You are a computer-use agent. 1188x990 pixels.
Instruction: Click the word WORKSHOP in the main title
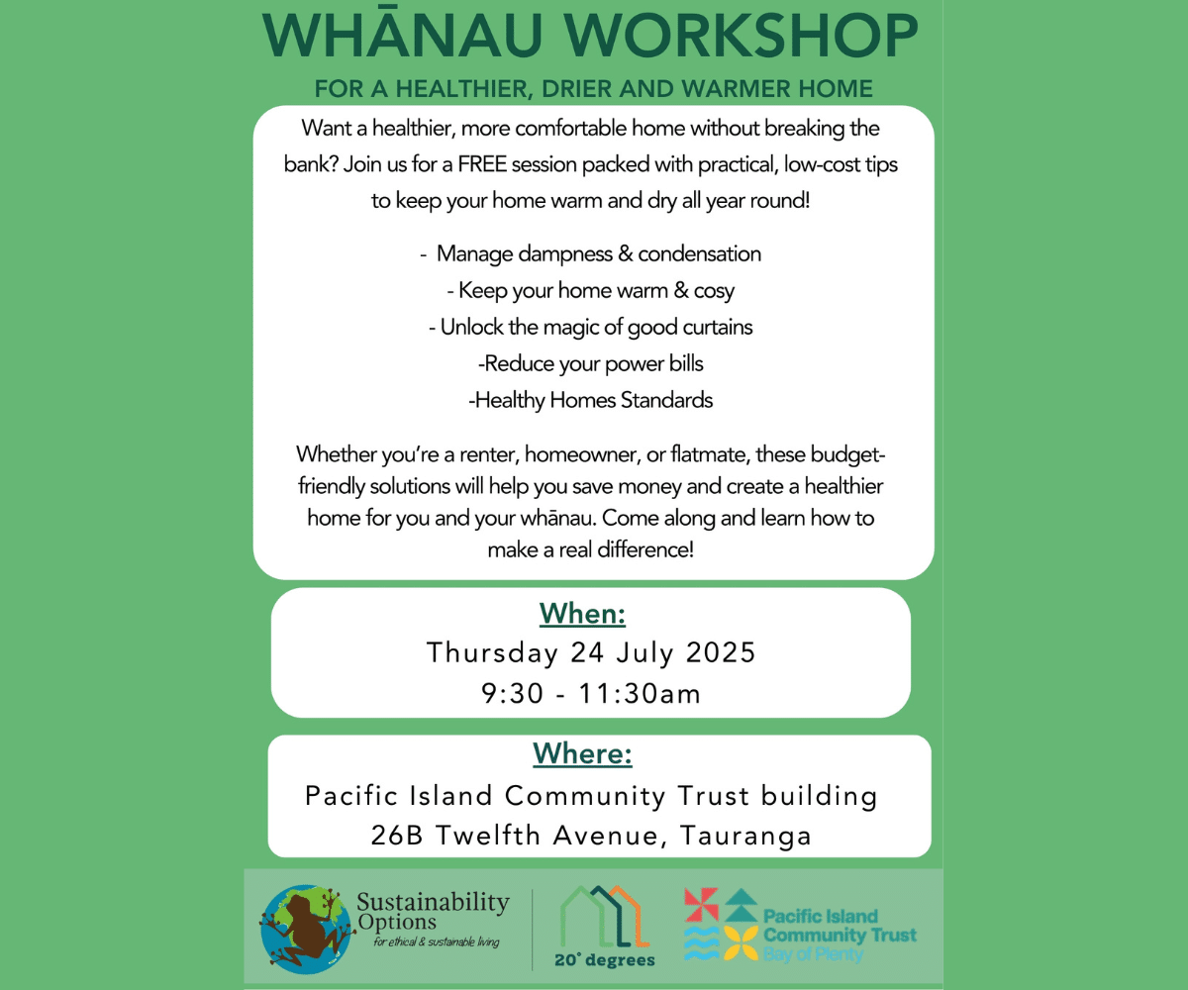click(742, 36)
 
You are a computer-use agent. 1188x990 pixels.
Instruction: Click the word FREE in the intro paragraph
click(482, 164)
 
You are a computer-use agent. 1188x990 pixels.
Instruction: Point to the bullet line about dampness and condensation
click(591, 253)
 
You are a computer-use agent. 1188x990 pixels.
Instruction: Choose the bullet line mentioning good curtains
click(591, 327)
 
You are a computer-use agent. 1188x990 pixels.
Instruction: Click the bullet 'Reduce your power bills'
click(591, 363)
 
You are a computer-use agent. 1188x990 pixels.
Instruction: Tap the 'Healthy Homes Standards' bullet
click(591, 400)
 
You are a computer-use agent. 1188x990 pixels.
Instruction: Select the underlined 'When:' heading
click(583, 614)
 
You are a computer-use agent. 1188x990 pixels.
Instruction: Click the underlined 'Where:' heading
click(583, 753)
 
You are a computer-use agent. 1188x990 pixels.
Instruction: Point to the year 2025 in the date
click(721, 652)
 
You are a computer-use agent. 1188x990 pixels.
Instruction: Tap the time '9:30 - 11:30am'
click(591, 694)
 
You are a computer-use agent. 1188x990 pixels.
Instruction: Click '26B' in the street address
click(397, 836)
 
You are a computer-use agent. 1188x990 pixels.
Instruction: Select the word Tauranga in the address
click(745, 837)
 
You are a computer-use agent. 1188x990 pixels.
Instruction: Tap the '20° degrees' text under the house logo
click(605, 960)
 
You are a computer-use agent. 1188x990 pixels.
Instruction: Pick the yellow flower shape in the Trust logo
click(741, 943)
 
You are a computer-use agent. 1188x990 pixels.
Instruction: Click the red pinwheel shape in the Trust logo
click(701, 905)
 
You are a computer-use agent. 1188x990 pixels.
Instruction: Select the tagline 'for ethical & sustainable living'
click(437, 942)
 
